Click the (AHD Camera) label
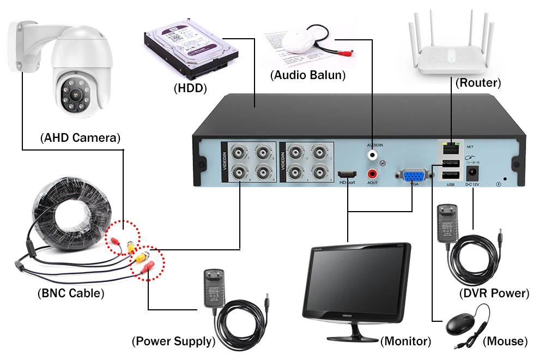[x=80, y=137]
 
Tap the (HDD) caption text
[x=190, y=87]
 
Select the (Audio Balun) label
[x=308, y=75]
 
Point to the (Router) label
[x=478, y=83]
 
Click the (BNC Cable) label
[x=71, y=293]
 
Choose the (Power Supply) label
[x=173, y=341]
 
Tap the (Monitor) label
[x=406, y=341]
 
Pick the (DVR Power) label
[x=494, y=293]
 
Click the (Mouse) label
[x=505, y=341]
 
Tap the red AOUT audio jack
[x=373, y=174]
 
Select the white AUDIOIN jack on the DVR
[x=373, y=155]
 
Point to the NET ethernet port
[x=450, y=147]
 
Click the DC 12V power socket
[x=472, y=174]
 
